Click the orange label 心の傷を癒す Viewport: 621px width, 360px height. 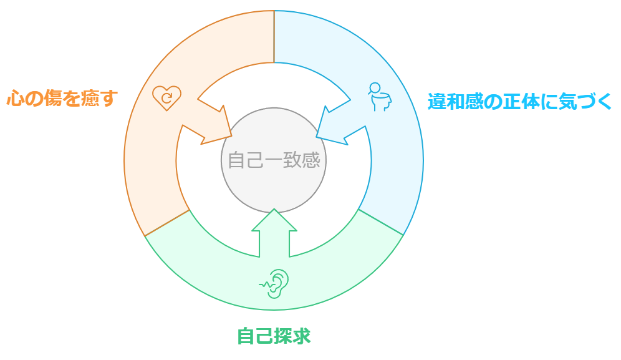tap(62, 98)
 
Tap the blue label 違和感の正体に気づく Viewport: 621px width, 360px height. tap(519, 102)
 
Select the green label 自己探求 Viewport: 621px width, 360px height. tap(274, 336)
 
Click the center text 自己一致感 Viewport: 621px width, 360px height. tap(274, 160)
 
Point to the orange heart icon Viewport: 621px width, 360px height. tap(166, 97)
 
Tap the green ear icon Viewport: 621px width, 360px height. tap(274, 284)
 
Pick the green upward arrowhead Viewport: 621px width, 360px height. tap(274, 220)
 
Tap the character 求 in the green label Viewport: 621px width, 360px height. tap(302, 336)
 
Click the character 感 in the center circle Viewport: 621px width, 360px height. tap(311, 160)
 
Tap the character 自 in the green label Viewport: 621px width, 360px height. tap(246, 336)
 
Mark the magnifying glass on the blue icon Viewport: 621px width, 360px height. tap(374, 89)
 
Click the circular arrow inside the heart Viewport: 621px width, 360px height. tap(167, 97)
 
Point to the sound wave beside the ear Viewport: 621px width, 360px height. tap(265, 285)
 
